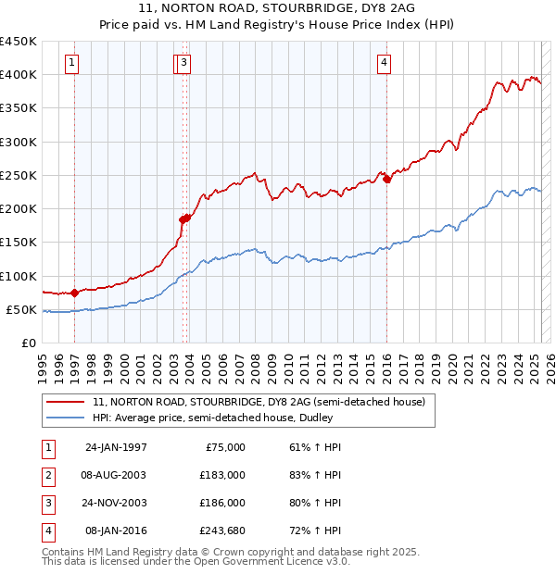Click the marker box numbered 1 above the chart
pyautogui.click(x=72, y=63)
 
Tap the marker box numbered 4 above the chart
pyautogui.click(x=384, y=63)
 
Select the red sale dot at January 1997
pyautogui.click(x=74, y=293)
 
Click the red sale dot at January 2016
pyautogui.click(x=386, y=180)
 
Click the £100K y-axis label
pyautogui.click(x=19, y=276)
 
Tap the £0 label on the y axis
pyautogui.click(x=30, y=343)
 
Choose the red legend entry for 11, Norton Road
pyautogui.click(x=259, y=402)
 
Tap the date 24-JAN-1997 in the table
pyautogui.click(x=116, y=447)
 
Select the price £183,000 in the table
pyautogui.click(x=221, y=475)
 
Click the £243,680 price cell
pyautogui.click(x=221, y=530)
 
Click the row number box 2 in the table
pyautogui.click(x=46, y=475)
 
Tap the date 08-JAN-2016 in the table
pyautogui.click(x=116, y=530)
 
